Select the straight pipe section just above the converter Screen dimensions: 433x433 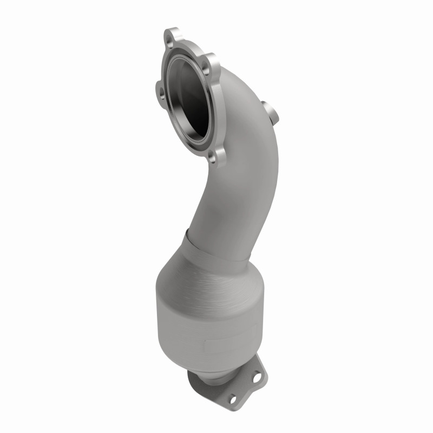(x=227, y=216)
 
